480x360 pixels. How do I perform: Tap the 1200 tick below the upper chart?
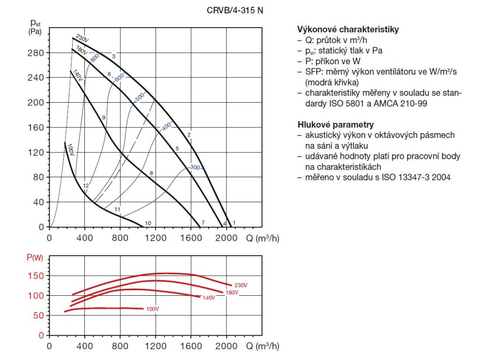155,237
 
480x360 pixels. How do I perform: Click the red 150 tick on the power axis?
38,276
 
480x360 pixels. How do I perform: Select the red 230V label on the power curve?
240,285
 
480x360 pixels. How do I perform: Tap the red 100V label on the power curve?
153,309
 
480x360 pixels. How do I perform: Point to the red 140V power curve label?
209,298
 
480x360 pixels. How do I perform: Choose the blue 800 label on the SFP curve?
95,58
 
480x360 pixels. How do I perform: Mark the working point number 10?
148,223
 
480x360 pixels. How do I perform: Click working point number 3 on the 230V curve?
113,56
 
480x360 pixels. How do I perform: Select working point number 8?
151,173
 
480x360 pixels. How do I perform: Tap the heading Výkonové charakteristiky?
348,30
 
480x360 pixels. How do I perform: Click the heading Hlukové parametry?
336,125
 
